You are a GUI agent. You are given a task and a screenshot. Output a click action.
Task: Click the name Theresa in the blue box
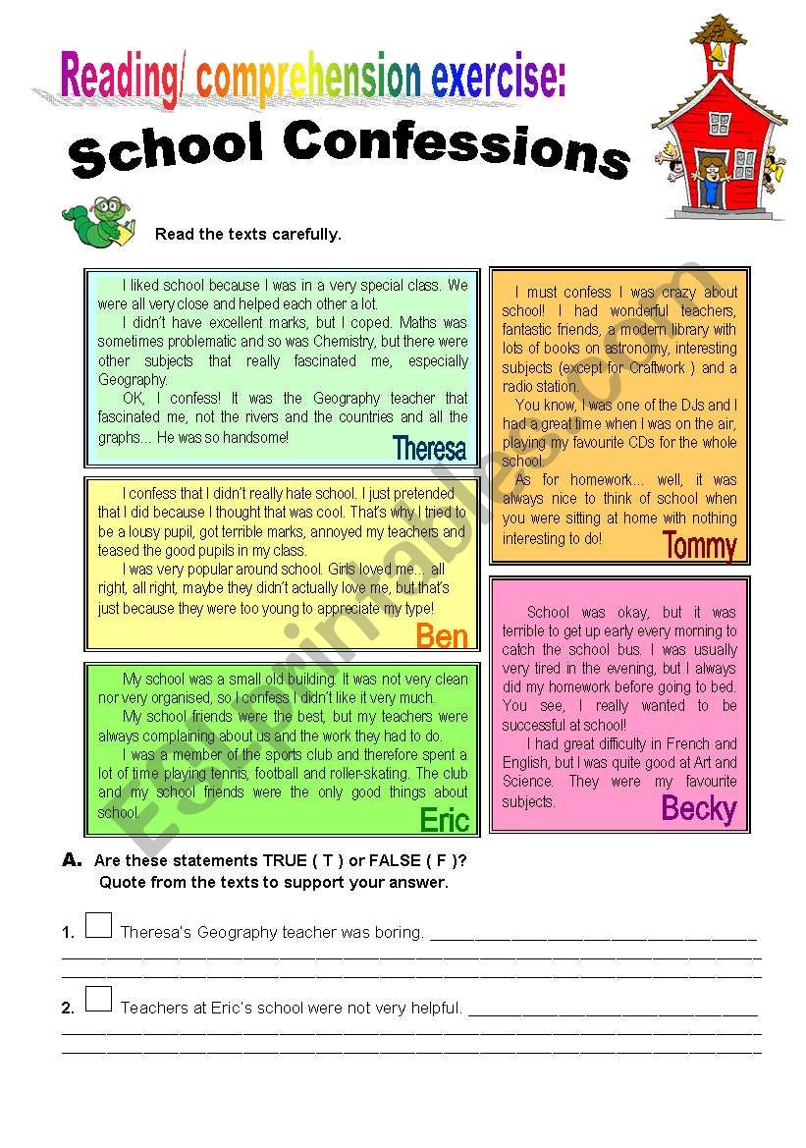tap(429, 449)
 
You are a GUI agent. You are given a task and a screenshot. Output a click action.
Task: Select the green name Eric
tap(444, 819)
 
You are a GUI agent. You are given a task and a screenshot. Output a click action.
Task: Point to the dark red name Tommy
tap(699, 545)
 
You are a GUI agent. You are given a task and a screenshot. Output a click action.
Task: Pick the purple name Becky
tap(698, 809)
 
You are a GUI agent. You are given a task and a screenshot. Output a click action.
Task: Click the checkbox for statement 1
tap(98, 925)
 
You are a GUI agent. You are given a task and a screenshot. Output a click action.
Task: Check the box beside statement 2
tap(98, 1000)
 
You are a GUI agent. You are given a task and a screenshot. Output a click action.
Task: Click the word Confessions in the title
tap(457, 150)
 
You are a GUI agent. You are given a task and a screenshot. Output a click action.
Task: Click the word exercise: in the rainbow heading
tap(498, 76)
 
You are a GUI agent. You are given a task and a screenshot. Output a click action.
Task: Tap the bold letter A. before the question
tap(72, 860)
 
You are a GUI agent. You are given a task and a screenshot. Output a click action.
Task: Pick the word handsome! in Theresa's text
tap(255, 436)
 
